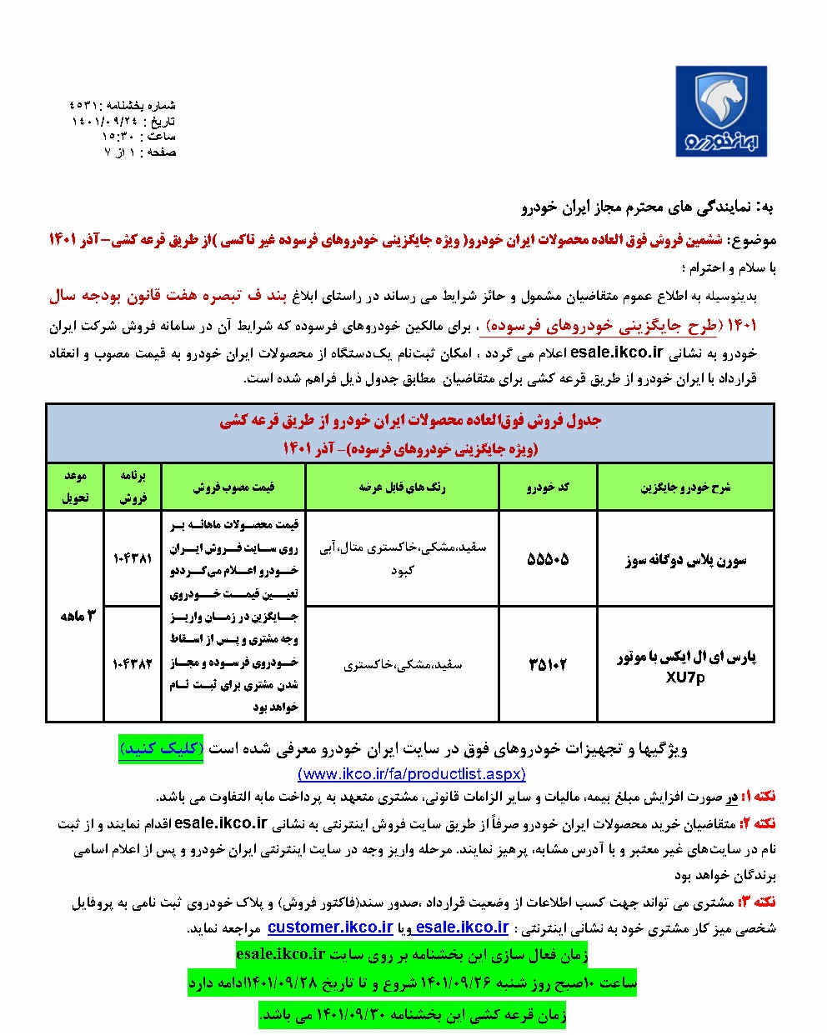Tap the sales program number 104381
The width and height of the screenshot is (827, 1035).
[x=132, y=557]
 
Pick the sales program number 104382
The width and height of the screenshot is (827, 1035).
[x=132, y=664]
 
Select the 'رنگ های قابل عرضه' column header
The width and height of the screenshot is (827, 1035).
[x=402, y=487]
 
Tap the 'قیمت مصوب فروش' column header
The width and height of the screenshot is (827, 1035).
[x=235, y=487]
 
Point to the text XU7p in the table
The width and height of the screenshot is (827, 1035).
[x=685, y=677]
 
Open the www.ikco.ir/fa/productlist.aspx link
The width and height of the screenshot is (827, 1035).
[x=412, y=772]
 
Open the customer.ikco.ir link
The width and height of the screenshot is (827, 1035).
[x=331, y=927]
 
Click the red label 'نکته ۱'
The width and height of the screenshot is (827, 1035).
[x=758, y=796]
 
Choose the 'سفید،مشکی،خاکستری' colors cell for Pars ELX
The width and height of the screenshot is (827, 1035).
[x=402, y=665]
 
